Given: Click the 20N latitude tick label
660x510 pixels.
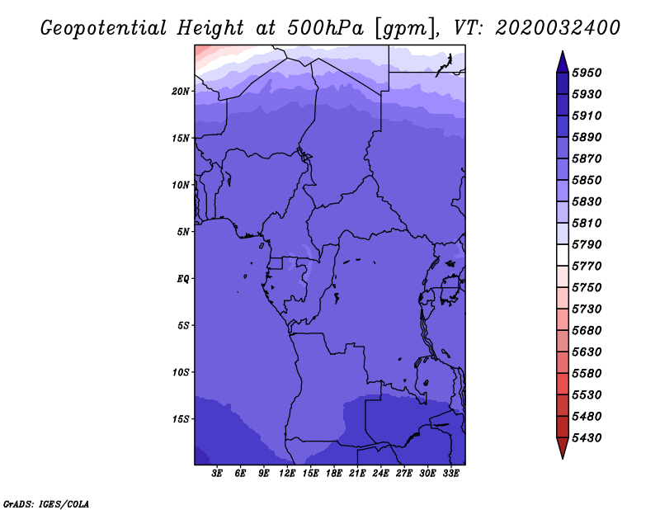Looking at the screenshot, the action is [x=181, y=91].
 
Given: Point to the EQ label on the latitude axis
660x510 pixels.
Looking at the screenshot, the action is [x=182, y=278].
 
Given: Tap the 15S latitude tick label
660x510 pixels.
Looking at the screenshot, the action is [x=181, y=419].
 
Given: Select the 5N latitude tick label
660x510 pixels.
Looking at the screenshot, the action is [x=183, y=232].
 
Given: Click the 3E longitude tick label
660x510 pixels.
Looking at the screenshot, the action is [x=217, y=474].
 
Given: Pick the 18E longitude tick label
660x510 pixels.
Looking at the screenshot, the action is [x=334, y=474].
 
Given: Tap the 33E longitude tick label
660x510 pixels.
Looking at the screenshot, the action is [x=450, y=474].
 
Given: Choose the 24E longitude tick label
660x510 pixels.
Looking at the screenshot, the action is [x=380, y=474].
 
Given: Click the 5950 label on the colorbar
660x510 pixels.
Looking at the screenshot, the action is [x=587, y=73].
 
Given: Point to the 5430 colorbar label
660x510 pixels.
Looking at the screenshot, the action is [x=587, y=438].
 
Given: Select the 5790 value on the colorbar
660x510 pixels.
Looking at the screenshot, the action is [x=587, y=244].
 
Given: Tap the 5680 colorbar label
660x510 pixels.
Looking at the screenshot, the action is [x=587, y=331].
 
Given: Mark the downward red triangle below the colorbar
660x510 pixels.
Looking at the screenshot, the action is [x=563, y=446].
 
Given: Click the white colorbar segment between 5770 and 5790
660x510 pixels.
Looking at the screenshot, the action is [x=563, y=255].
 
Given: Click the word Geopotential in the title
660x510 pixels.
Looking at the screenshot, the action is [x=104, y=28].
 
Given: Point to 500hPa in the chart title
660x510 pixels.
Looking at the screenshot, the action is [x=325, y=28].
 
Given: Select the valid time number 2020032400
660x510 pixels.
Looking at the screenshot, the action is [x=558, y=28].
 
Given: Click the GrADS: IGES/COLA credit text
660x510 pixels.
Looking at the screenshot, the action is [x=46, y=504].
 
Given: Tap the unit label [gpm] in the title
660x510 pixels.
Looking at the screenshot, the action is [x=405, y=29].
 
